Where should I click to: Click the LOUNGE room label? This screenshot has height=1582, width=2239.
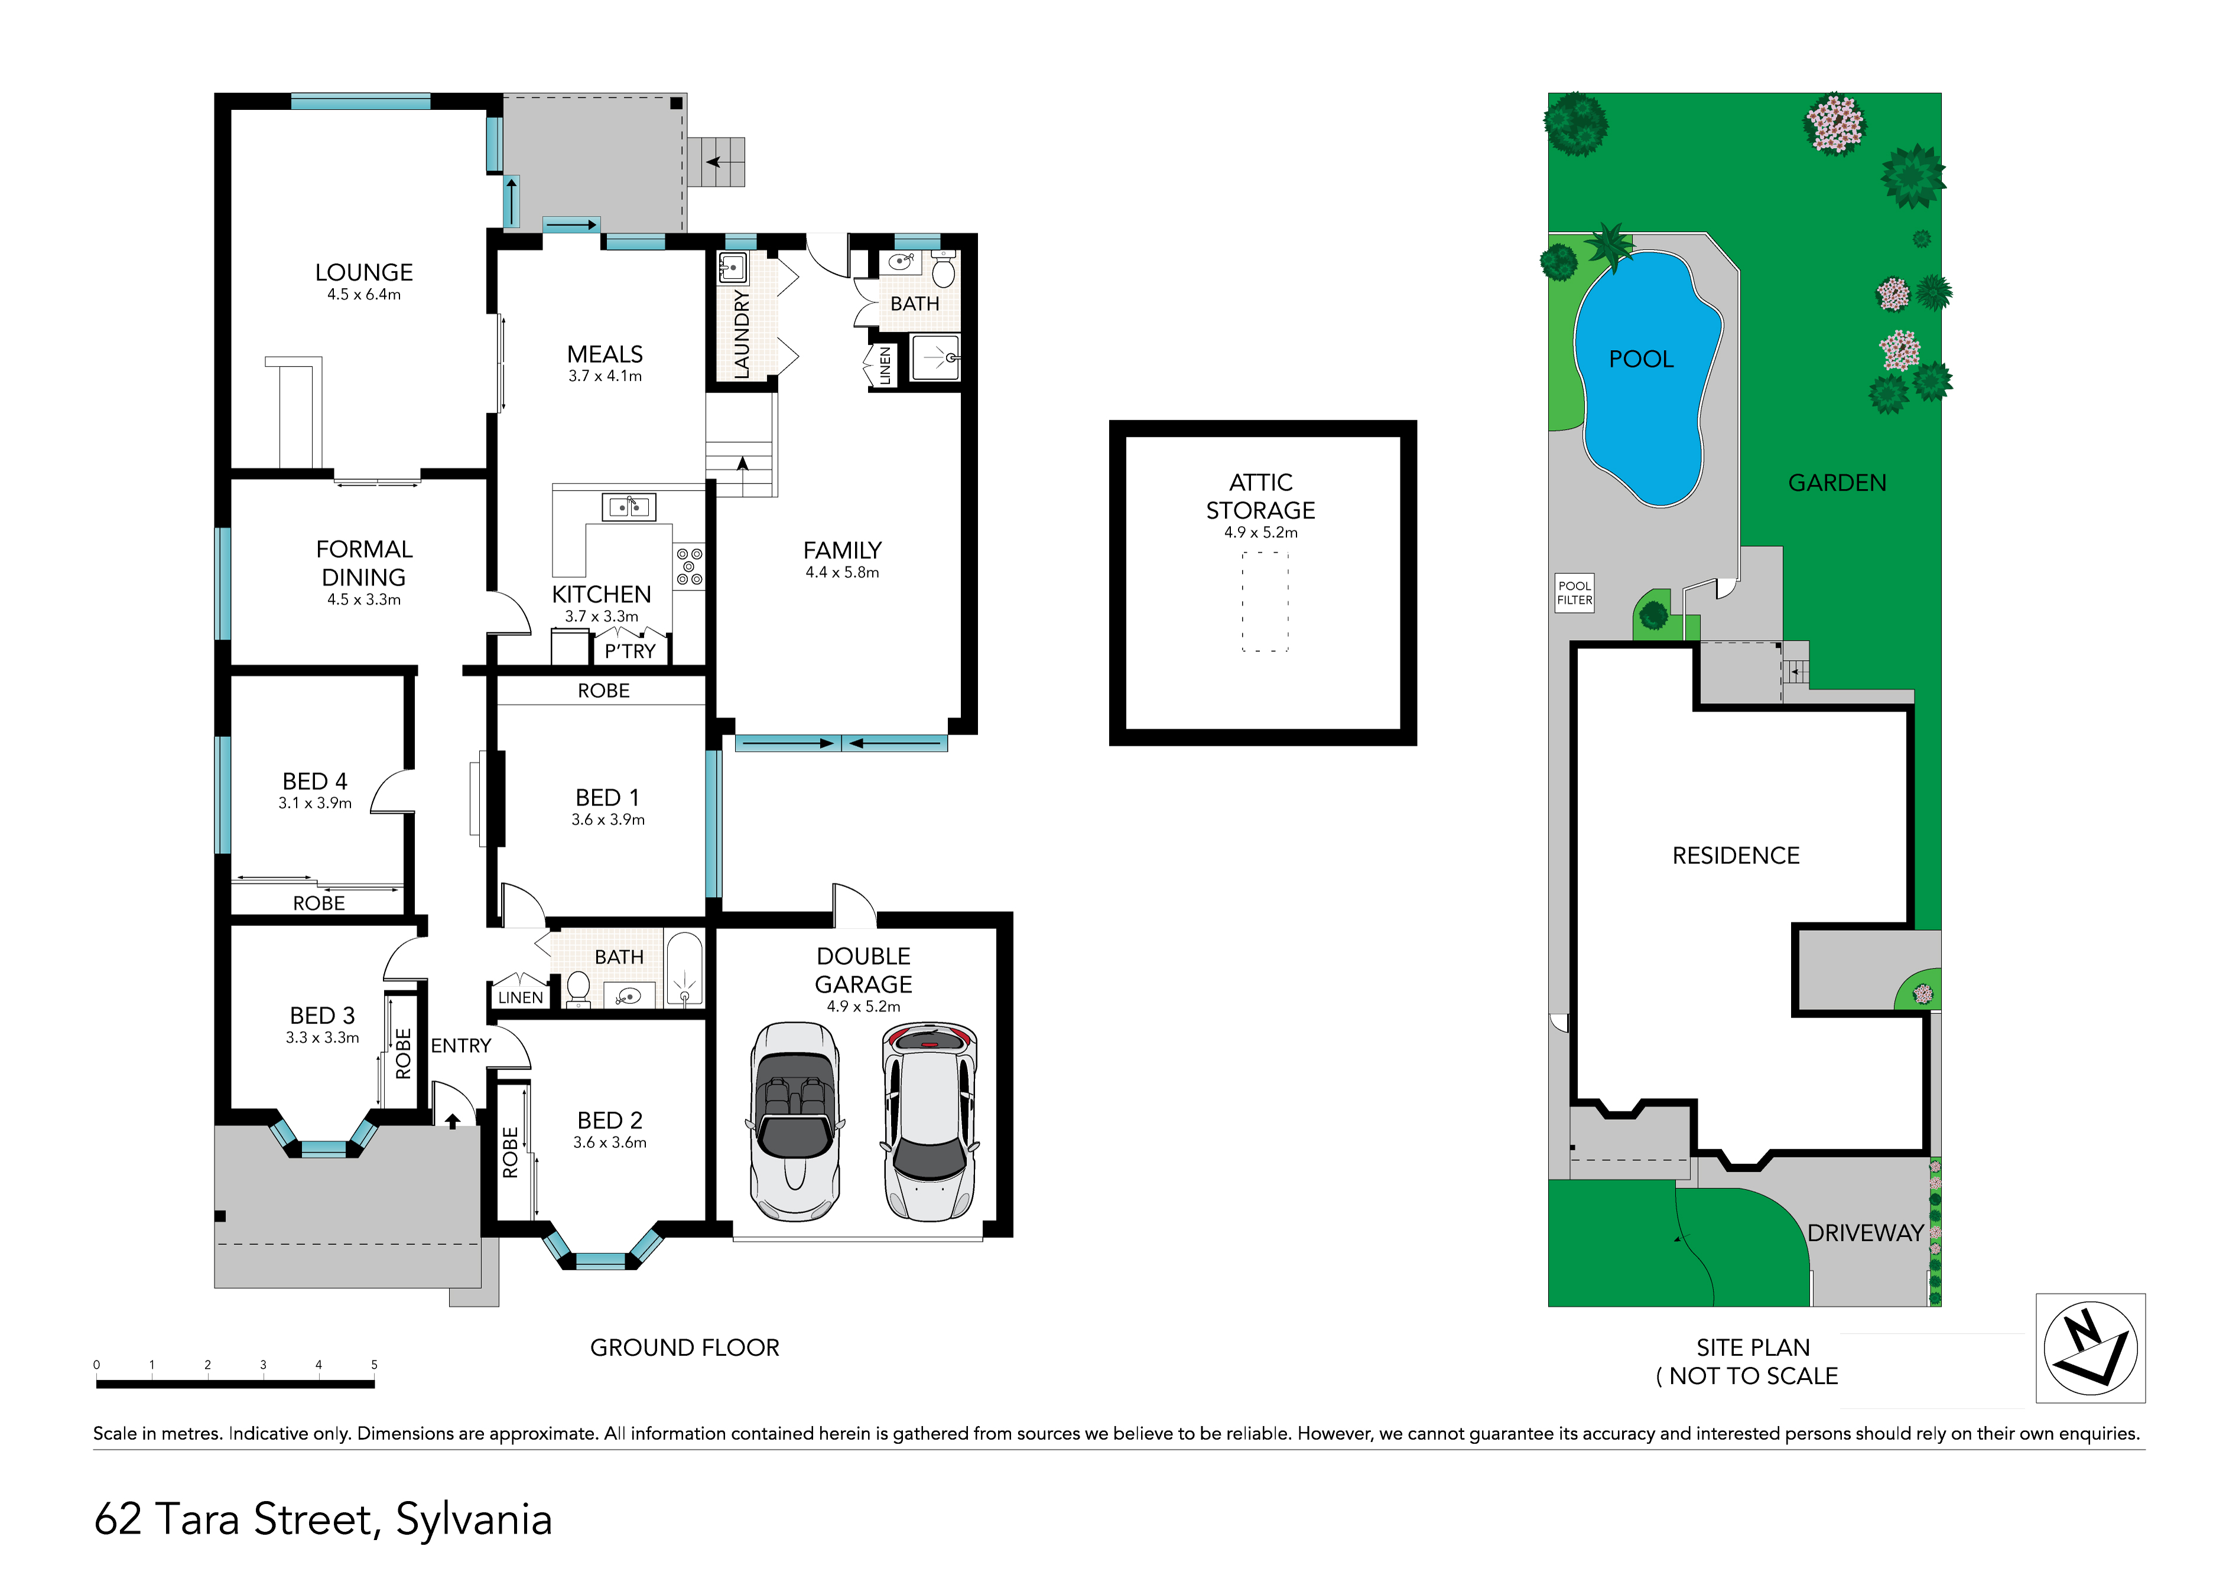click(x=364, y=272)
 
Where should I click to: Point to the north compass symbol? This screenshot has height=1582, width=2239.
click(x=2090, y=1348)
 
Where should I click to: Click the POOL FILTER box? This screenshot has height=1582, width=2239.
click(x=1574, y=593)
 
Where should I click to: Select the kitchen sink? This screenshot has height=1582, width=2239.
click(x=629, y=507)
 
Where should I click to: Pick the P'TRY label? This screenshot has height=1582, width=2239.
click(x=630, y=651)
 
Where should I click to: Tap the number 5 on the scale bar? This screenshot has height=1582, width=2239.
click(x=373, y=1365)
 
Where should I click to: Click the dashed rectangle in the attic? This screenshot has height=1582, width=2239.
click(x=1265, y=601)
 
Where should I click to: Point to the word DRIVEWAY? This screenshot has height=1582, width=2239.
click(x=1864, y=1233)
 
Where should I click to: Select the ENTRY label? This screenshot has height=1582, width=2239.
click(x=462, y=1046)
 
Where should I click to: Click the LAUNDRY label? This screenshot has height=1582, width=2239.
click(x=742, y=334)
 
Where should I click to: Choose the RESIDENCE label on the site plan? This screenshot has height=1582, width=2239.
click(x=1736, y=856)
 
